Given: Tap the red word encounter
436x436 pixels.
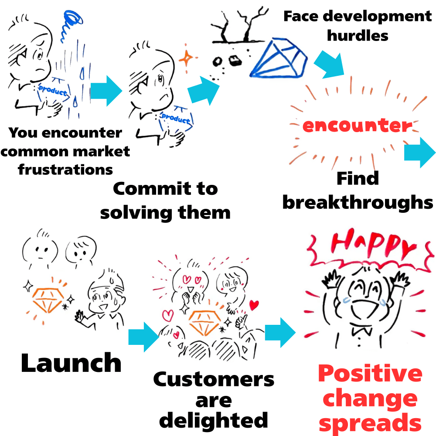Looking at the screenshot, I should click(x=357, y=126).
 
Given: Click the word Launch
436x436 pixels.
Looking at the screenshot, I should click(x=71, y=363).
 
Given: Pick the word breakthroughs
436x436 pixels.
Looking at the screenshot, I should click(x=358, y=202).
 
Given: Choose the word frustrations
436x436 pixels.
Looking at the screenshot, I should click(x=65, y=169).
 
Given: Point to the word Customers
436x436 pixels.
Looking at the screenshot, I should click(x=214, y=379).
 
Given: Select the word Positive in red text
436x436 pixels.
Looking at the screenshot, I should click(x=370, y=374).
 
